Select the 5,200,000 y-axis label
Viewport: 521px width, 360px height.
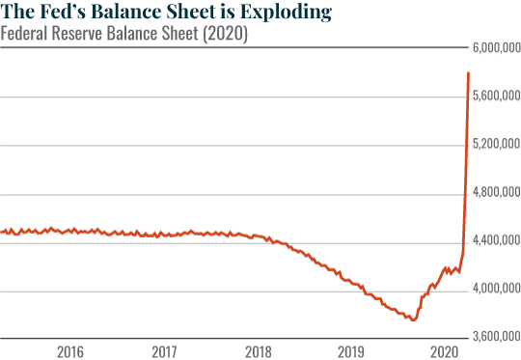click(x=495, y=145)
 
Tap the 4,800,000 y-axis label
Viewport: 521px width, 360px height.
click(x=495, y=193)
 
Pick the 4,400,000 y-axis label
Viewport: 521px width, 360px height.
click(x=495, y=240)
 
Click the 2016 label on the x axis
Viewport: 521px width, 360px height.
click(x=69, y=350)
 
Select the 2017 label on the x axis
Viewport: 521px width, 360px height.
click(x=163, y=350)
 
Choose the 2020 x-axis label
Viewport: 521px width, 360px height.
click(x=443, y=350)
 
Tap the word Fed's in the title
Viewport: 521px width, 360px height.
click(x=57, y=13)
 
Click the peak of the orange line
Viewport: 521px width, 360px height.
click(x=469, y=72)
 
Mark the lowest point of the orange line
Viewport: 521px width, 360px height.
click(x=413, y=319)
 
